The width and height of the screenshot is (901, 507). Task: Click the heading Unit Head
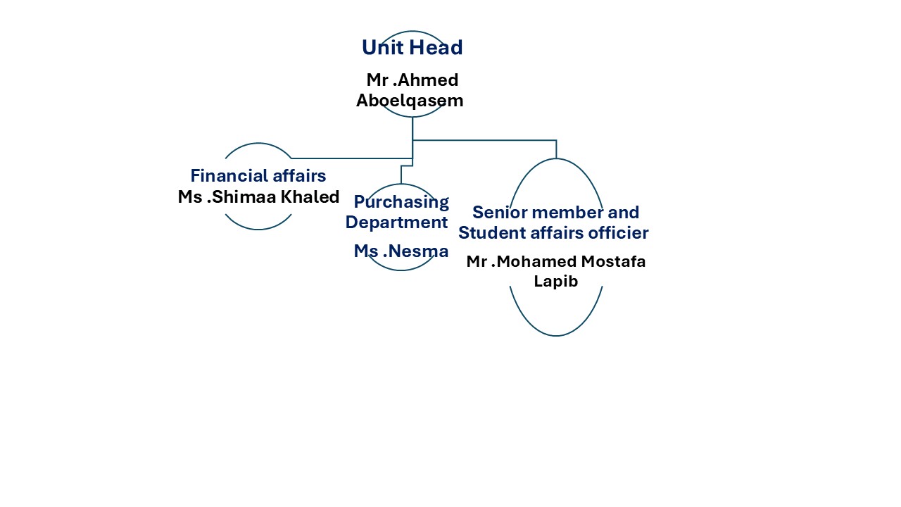coord(412,48)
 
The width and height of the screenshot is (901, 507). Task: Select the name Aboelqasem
coord(410,101)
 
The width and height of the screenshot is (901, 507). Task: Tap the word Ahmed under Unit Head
coord(428,80)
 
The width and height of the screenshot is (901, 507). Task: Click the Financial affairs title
coord(258,176)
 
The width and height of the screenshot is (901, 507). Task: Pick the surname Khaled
coord(310,197)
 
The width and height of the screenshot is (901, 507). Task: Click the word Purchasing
coord(401,202)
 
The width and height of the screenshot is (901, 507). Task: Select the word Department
coord(396,223)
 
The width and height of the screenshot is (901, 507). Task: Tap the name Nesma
coord(415,251)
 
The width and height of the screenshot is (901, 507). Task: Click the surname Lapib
coord(556,282)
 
